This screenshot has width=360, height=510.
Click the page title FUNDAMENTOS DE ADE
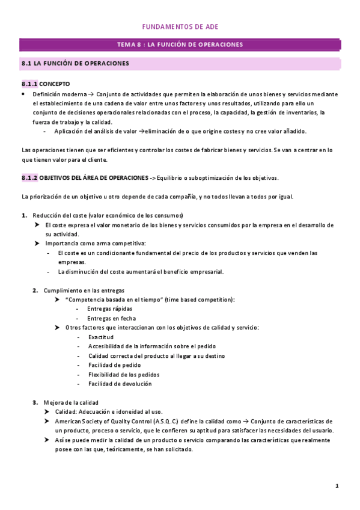(x=180, y=28)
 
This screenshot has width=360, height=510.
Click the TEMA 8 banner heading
(x=180, y=45)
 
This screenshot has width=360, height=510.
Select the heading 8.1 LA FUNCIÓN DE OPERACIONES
(x=75, y=63)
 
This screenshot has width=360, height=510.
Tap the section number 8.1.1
(x=29, y=84)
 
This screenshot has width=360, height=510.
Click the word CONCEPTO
(x=55, y=84)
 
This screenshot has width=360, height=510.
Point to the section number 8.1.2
(x=29, y=178)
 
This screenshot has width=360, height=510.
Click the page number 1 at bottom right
(x=337, y=486)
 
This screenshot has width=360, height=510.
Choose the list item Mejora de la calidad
(x=71, y=402)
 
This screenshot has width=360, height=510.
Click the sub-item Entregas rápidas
(x=110, y=309)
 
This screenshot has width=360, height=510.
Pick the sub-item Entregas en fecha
(x=112, y=318)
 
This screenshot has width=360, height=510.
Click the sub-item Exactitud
(x=101, y=337)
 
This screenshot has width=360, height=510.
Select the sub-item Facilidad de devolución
(x=120, y=384)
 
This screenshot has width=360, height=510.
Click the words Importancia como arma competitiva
(x=96, y=244)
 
